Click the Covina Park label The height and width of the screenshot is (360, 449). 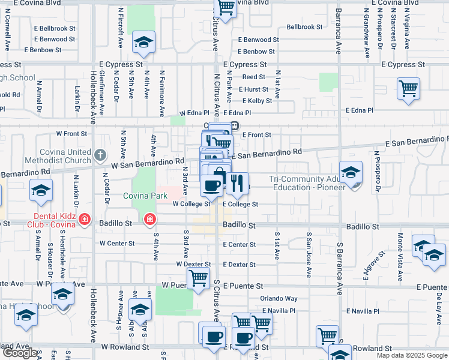(x=145, y=196)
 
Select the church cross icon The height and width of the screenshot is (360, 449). (x=100, y=157)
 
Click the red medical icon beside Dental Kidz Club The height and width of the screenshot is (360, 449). (x=85, y=220)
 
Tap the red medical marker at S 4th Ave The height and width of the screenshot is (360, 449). (x=149, y=220)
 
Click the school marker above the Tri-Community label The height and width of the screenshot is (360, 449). (x=351, y=172)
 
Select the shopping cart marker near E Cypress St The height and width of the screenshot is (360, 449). (x=408, y=89)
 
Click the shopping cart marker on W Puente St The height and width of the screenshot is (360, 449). (x=198, y=278)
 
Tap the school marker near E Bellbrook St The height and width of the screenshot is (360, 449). (x=143, y=42)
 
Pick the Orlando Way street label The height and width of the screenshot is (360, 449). (x=279, y=298)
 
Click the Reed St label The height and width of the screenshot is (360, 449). (x=254, y=77)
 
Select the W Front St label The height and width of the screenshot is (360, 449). (x=71, y=133)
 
